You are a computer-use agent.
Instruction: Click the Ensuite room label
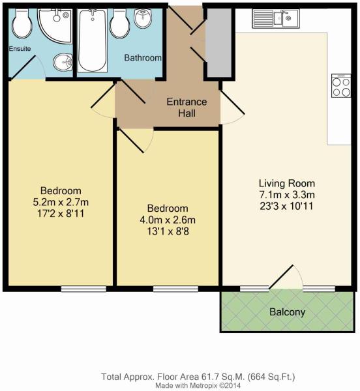click(20, 48)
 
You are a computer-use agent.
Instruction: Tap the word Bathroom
click(143, 57)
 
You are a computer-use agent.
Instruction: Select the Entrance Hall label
click(187, 108)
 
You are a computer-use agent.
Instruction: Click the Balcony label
click(288, 312)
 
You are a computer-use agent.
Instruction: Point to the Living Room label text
click(287, 183)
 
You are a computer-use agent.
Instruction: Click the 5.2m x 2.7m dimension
click(61, 202)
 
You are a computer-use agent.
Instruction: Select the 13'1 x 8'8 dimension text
click(168, 231)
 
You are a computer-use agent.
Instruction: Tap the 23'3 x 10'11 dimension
click(286, 206)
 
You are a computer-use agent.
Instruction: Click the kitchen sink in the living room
click(276, 19)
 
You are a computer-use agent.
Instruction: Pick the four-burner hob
click(341, 85)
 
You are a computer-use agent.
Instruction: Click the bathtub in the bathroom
click(93, 41)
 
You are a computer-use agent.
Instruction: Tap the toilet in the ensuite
click(22, 23)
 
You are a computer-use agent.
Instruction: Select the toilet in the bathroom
click(120, 23)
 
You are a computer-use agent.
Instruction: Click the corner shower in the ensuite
click(55, 25)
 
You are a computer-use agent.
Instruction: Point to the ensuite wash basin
click(63, 63)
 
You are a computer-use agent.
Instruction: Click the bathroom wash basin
click(143, 18)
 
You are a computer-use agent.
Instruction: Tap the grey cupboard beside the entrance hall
click(219, 42)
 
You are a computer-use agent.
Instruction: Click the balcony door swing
click(286, 277)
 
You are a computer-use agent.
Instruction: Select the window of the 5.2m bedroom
click(84, 289)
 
